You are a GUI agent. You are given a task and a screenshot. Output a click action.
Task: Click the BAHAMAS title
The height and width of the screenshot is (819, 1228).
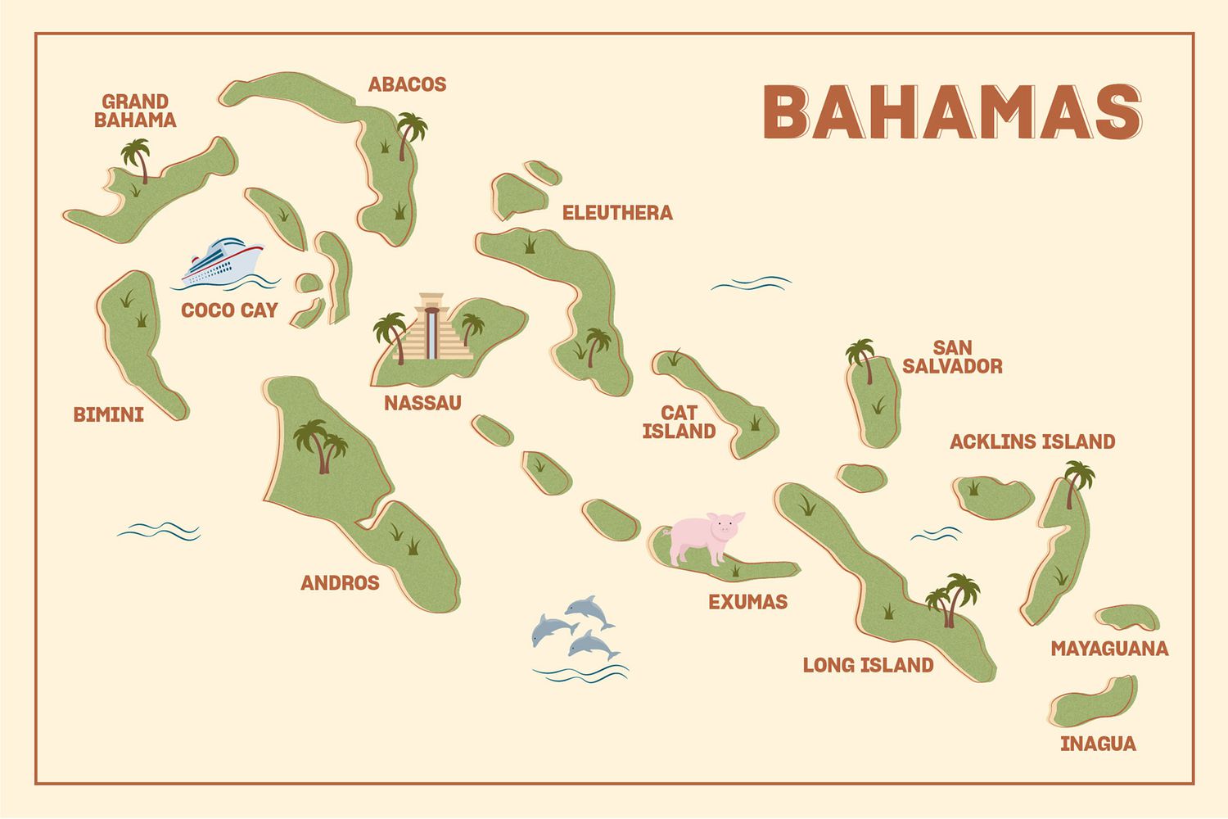(x=952, y=112)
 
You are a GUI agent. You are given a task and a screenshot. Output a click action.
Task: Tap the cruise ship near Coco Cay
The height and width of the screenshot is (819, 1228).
(x=223, y=262)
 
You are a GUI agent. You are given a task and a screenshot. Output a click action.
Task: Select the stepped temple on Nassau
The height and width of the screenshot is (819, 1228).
(x=431, y=329)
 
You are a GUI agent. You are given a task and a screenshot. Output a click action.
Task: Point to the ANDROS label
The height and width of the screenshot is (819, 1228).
(x=340, y=583)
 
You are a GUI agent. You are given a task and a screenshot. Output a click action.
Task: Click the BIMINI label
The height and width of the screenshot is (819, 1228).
(x=108, y=414)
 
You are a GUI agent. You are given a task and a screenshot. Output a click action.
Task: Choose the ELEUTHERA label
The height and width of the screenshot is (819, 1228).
(x=617, y=213)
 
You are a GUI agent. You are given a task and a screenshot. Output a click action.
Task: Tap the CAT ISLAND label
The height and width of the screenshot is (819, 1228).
(x=679, y=422)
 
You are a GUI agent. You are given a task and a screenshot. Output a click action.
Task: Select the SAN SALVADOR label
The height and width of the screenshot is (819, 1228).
(x=952, y=357)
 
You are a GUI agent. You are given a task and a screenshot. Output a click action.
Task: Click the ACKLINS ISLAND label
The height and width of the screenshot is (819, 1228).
(x=1032, y=442)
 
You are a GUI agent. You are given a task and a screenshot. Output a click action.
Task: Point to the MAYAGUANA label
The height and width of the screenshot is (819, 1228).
(x=1109, y=649)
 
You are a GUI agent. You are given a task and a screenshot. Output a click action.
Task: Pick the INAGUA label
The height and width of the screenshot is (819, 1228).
(x=1098, y=744)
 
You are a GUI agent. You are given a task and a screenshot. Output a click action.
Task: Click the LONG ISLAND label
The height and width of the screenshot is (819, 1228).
(x=868, y=665)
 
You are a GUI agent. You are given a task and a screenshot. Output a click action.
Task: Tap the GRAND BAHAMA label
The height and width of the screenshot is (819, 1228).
(x=135, y=111)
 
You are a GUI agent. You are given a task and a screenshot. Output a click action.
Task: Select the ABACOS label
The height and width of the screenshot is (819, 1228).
(x=407, y=84)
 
